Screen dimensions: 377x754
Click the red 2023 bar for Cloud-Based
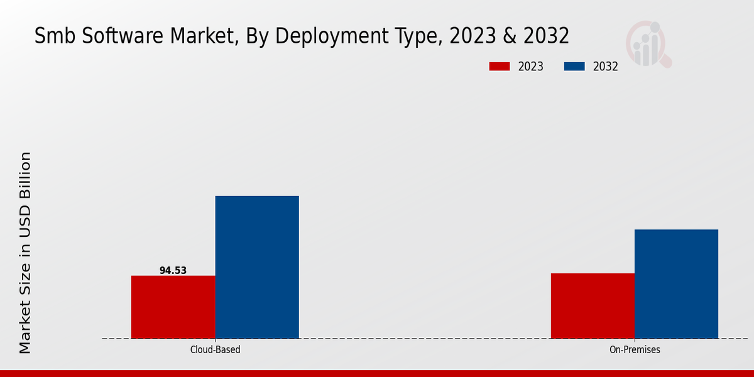pos(173,307)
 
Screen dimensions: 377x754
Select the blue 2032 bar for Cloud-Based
pos(257,267)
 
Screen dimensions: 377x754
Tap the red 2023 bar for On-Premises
pos(593,305)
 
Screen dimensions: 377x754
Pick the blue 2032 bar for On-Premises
pos(676,284)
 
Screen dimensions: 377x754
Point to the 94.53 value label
pos(173,271)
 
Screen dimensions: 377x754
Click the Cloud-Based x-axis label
pos(215,349)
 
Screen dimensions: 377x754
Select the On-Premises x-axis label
pos(635,349)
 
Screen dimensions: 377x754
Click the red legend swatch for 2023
pos(500,67)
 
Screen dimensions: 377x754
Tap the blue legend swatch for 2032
pos(575,67)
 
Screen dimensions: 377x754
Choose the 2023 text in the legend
pos(531,67)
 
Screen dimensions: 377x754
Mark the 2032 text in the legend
pos(606,67)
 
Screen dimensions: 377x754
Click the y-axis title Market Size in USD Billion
pos(25,253)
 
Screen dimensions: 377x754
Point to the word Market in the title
pos(192,36)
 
